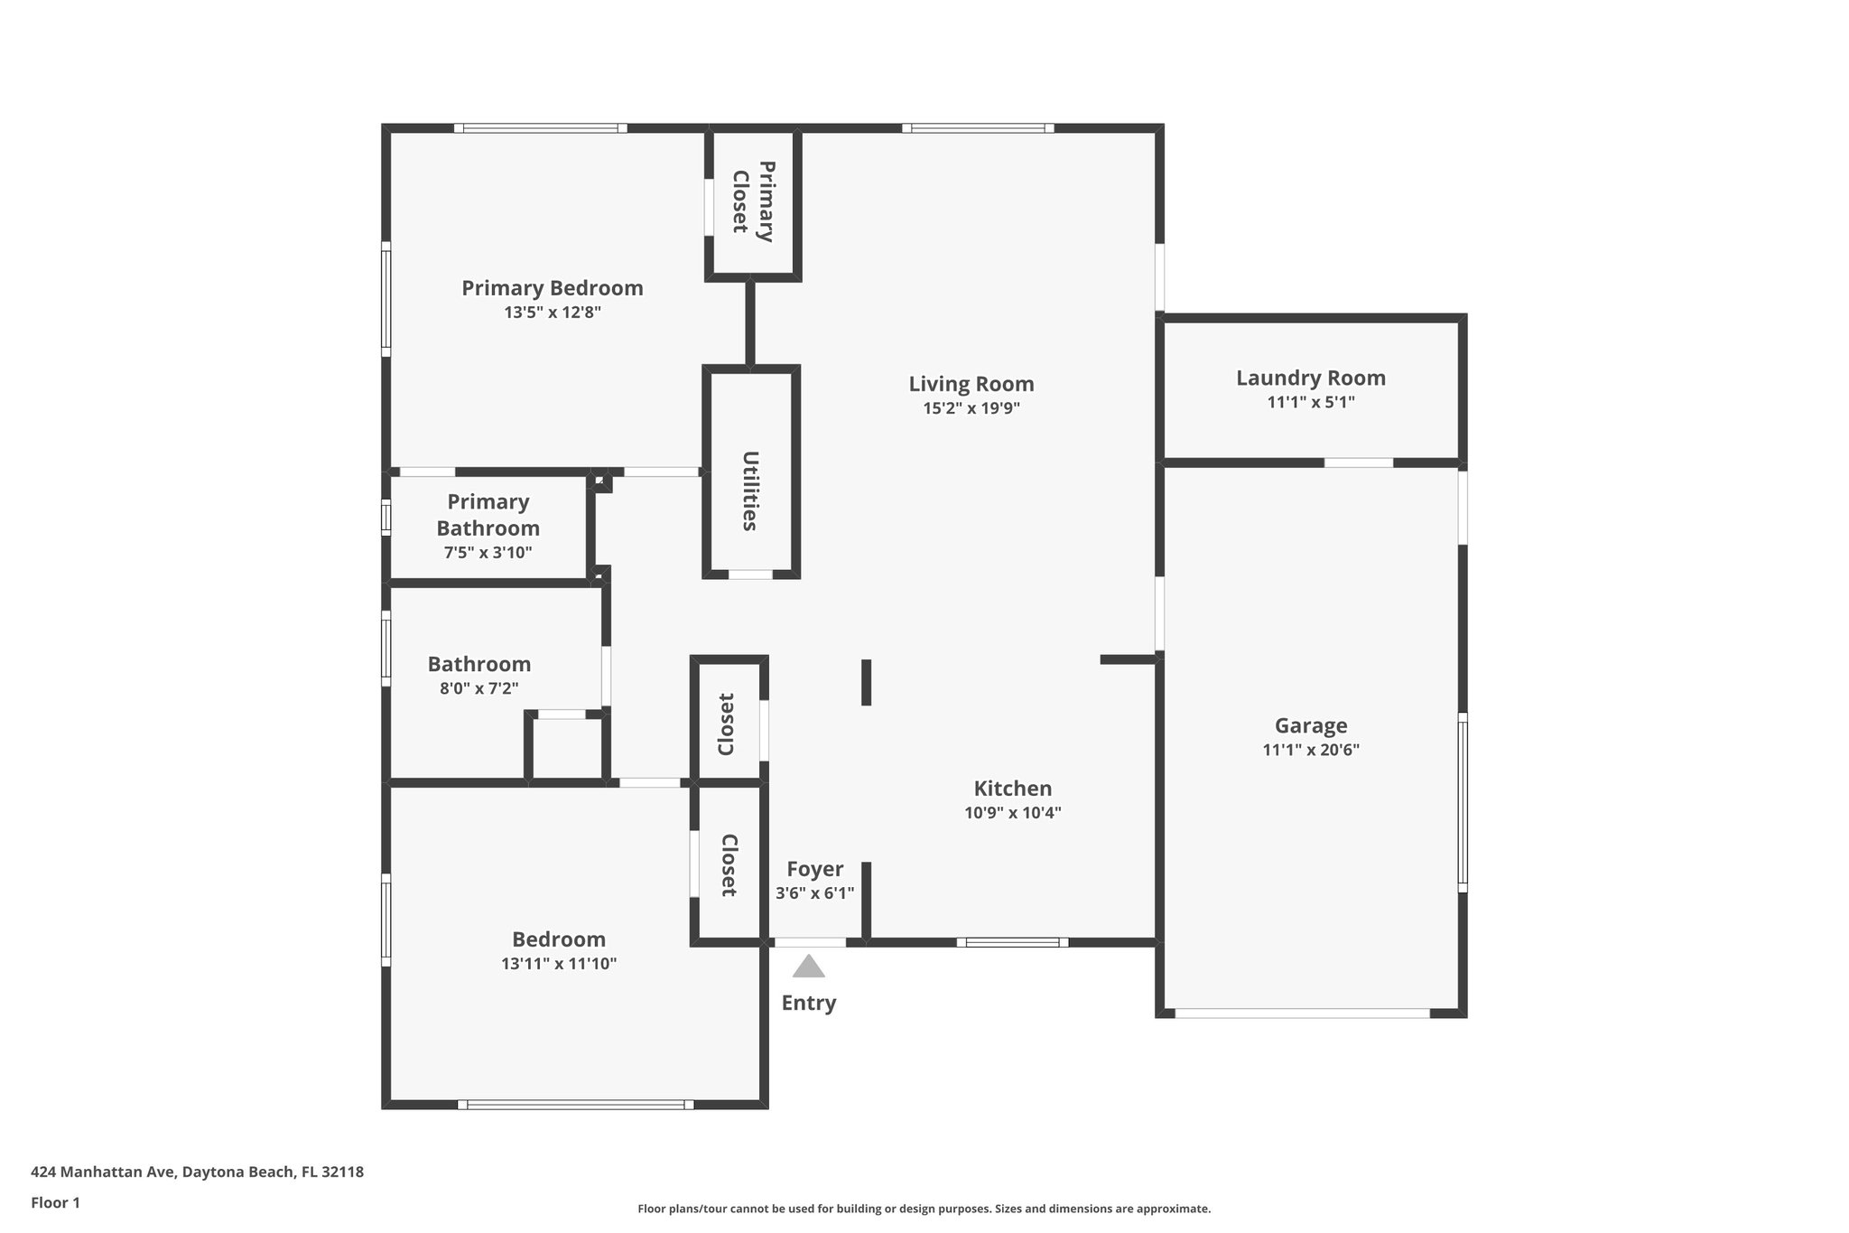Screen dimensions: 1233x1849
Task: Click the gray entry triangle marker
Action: click(808, 967)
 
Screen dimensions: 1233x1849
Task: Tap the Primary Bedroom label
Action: click(553, 288)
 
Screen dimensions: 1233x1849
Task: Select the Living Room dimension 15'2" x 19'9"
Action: click(971, 408)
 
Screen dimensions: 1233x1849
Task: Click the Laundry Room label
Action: click(1310, 378)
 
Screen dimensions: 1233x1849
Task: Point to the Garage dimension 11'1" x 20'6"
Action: click(1310, 750)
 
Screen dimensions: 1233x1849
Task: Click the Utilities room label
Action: click(750, 490)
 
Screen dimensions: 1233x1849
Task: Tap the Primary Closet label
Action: click(753, 201)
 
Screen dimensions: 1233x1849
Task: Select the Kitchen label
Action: click(1012, 789)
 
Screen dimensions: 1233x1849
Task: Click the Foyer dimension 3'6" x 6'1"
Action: click(814, 893)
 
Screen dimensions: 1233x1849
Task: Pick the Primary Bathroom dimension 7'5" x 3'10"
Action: click(488, 553)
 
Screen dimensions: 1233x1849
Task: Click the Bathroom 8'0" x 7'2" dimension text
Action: click(479, 688)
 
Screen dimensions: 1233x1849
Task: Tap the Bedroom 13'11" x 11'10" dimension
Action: click(559, 964)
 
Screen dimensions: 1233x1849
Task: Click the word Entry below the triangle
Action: click(808, 1003)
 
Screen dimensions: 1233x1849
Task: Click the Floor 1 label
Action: click(55, 1203)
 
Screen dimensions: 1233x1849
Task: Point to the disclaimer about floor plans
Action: click(924, 1209)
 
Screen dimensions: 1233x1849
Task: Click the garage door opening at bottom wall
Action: click(1302, 1013)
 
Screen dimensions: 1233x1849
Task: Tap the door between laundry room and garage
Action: click(1358, 462)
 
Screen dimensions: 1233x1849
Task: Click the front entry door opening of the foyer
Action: click(810, 942)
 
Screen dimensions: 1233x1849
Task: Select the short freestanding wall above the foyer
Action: click(866, 682)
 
